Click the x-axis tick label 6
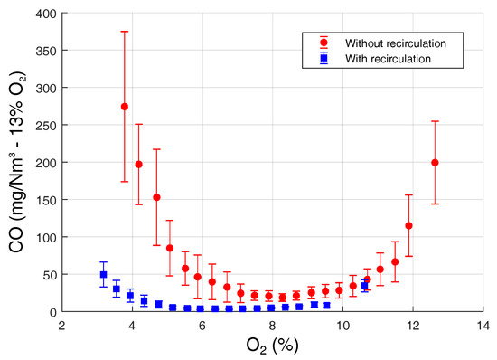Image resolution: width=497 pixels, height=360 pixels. tap(202, 325)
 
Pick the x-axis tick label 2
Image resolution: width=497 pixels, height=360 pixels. tap(62, 325)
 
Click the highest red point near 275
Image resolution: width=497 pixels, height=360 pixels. tap(125, 107)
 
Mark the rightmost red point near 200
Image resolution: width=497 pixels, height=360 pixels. tap(435, 163)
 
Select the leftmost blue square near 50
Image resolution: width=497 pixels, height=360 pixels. tap(104, 274)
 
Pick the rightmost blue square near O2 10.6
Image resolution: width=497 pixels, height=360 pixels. tap(365, 286)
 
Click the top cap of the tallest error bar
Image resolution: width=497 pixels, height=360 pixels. tap(125, 32)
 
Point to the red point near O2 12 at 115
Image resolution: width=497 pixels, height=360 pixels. tap(408, 225)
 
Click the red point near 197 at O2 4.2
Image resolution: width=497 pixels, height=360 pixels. tap(139, 165)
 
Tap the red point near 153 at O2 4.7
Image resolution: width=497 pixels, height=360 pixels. tap(156, 197)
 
